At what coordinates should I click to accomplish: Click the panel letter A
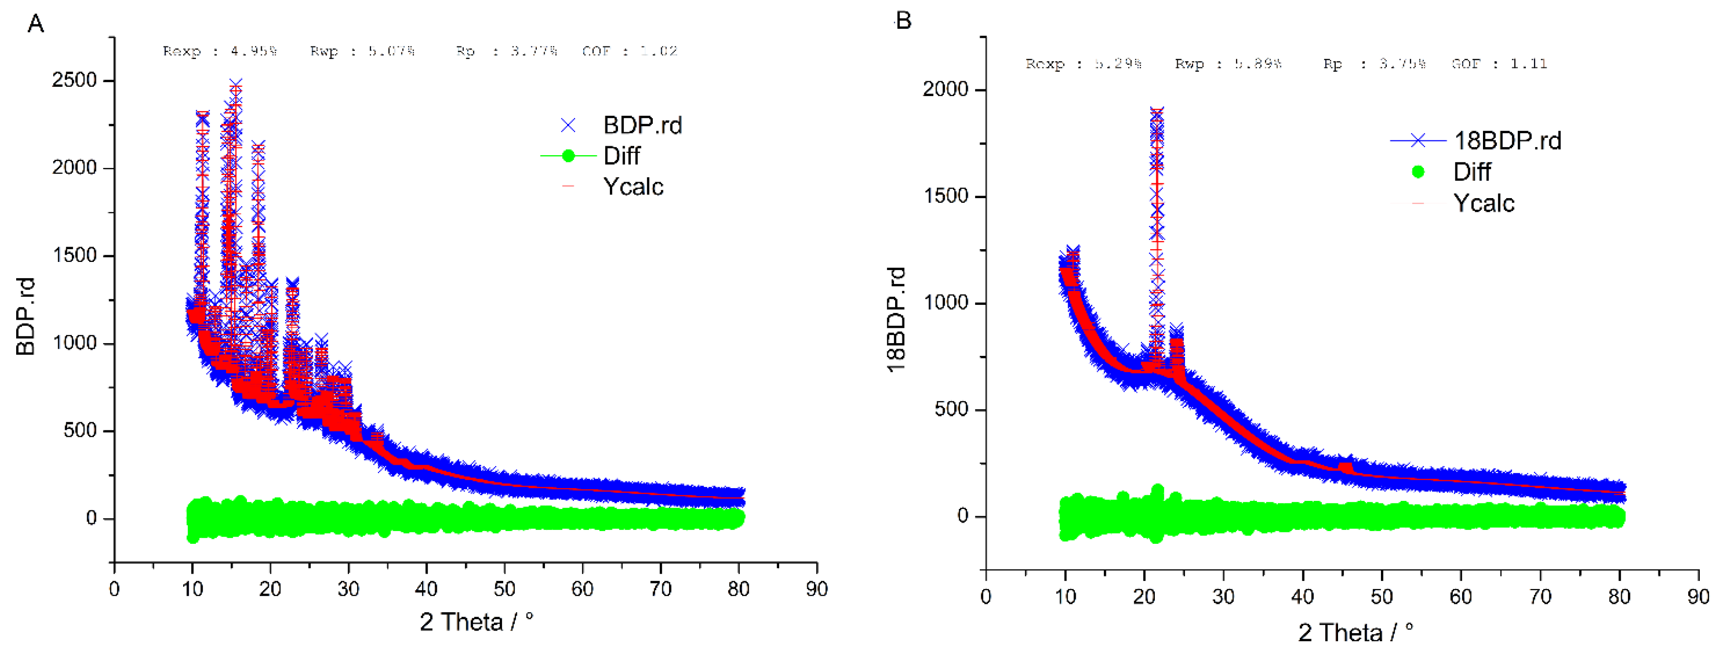tap(35, 24)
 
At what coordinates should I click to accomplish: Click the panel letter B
tap(903, 21)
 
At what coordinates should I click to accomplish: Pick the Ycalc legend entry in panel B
tap(1483, 203)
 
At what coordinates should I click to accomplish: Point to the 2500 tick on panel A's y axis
tap(74, 80)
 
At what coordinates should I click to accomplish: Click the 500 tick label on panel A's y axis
tap(79, 430)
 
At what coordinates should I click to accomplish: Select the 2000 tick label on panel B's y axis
tap(945, 89)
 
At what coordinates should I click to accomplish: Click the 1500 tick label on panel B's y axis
tap(945, 196)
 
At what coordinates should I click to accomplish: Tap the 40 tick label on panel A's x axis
tap(426, 589)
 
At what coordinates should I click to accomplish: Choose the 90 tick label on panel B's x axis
tap(1698, 596)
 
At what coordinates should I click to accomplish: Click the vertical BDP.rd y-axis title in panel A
tap(26, 316)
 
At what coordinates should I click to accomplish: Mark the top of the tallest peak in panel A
tap(236, 83)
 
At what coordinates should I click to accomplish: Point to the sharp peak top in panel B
tap(1157, 110)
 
